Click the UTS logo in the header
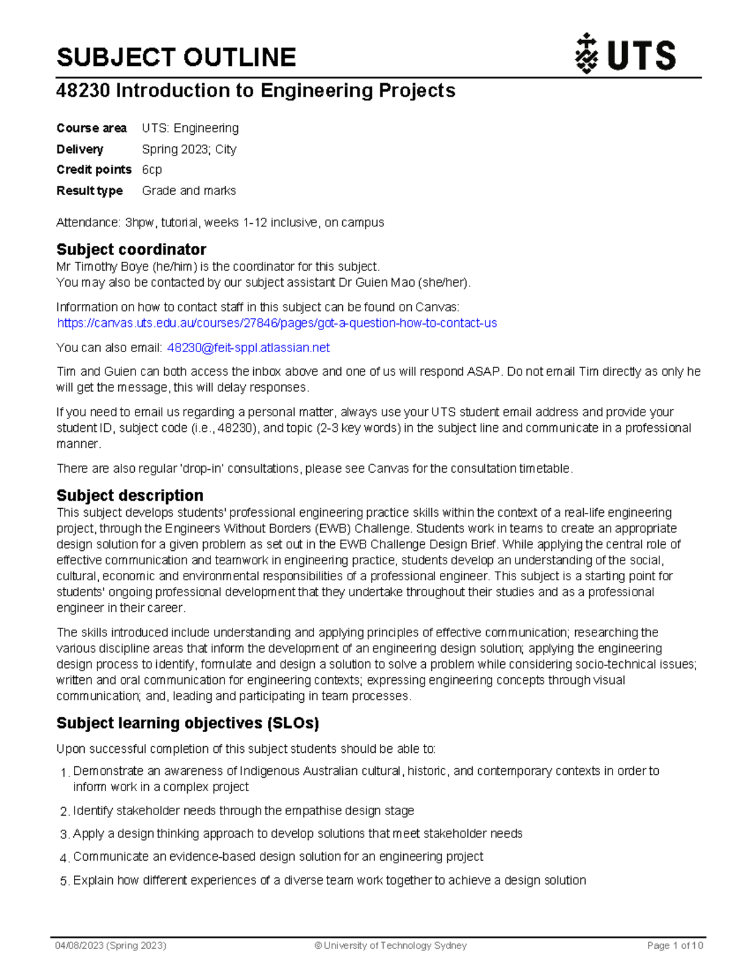[x=625, y=54]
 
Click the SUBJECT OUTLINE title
[x=176, y=57]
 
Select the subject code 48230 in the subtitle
[x=83, y=91]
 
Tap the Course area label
[x=91, y=128]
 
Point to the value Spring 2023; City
[x=189, y=149]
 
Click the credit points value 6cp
[x=152, y=170]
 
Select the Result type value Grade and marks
[x=189, y=191]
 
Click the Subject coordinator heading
[x=131, y=250]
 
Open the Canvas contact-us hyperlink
[x=277, y=323]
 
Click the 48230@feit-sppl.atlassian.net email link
[x=248, y=348]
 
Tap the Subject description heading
[x=130, y=495]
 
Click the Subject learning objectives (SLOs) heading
[x=188, y=724]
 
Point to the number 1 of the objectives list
[x=64, y=774]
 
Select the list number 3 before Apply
[x=64, y=835]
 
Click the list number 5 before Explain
[x=64, y=882]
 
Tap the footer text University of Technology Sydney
[x=395, y=946]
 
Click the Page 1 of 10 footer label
[x=675, y=946]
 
